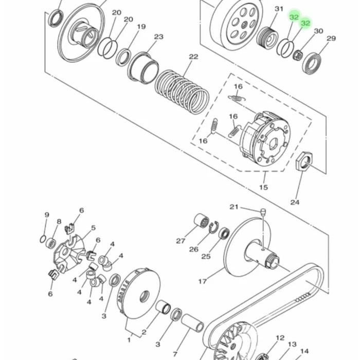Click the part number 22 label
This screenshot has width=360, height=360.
coord(193,57)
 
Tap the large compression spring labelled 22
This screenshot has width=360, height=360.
coord(182,92)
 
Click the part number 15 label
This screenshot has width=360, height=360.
coord(263,187)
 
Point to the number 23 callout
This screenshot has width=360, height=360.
coord(158,37)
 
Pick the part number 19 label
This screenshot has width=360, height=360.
coord(141,27)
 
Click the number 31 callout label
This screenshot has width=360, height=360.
coord(279,9)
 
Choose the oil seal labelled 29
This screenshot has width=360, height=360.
coord(312,64)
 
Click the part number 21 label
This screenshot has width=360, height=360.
coord(233,207)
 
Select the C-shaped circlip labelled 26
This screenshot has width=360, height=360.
coord(213,227)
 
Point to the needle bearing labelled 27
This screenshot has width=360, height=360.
coord(202,221)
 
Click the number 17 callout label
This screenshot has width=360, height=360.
coord(202,281)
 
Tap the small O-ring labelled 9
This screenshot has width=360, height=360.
coord(43,239)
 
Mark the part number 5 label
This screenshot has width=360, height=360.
coord(93,228)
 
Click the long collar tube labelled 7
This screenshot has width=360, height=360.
coord(192,323)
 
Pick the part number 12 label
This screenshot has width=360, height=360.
coord(280,338)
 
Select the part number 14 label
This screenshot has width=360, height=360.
coord(304,351)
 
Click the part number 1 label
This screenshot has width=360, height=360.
coord(129,340)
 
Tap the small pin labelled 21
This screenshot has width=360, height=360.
coord(263,211)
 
